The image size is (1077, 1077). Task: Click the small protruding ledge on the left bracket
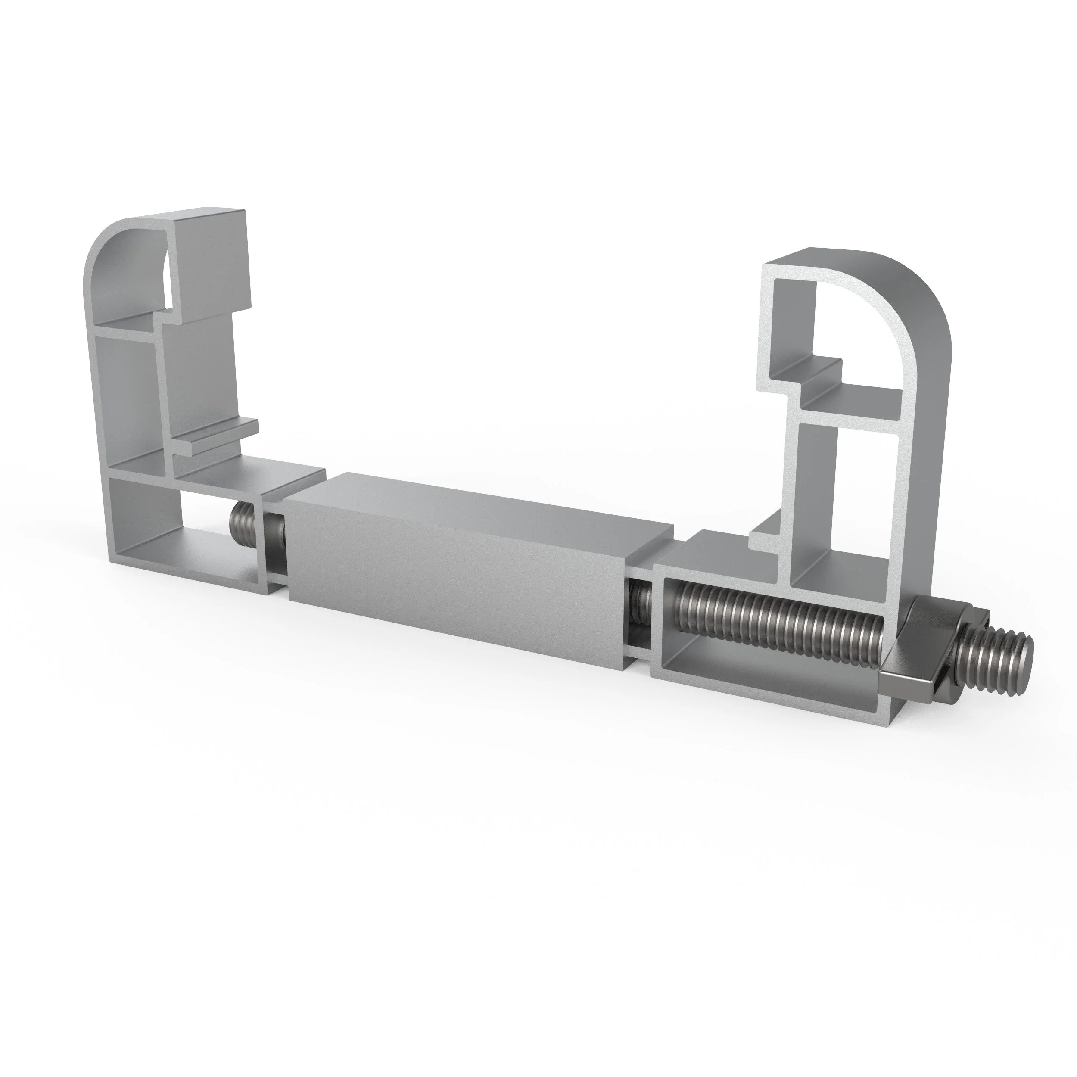point(223,432)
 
